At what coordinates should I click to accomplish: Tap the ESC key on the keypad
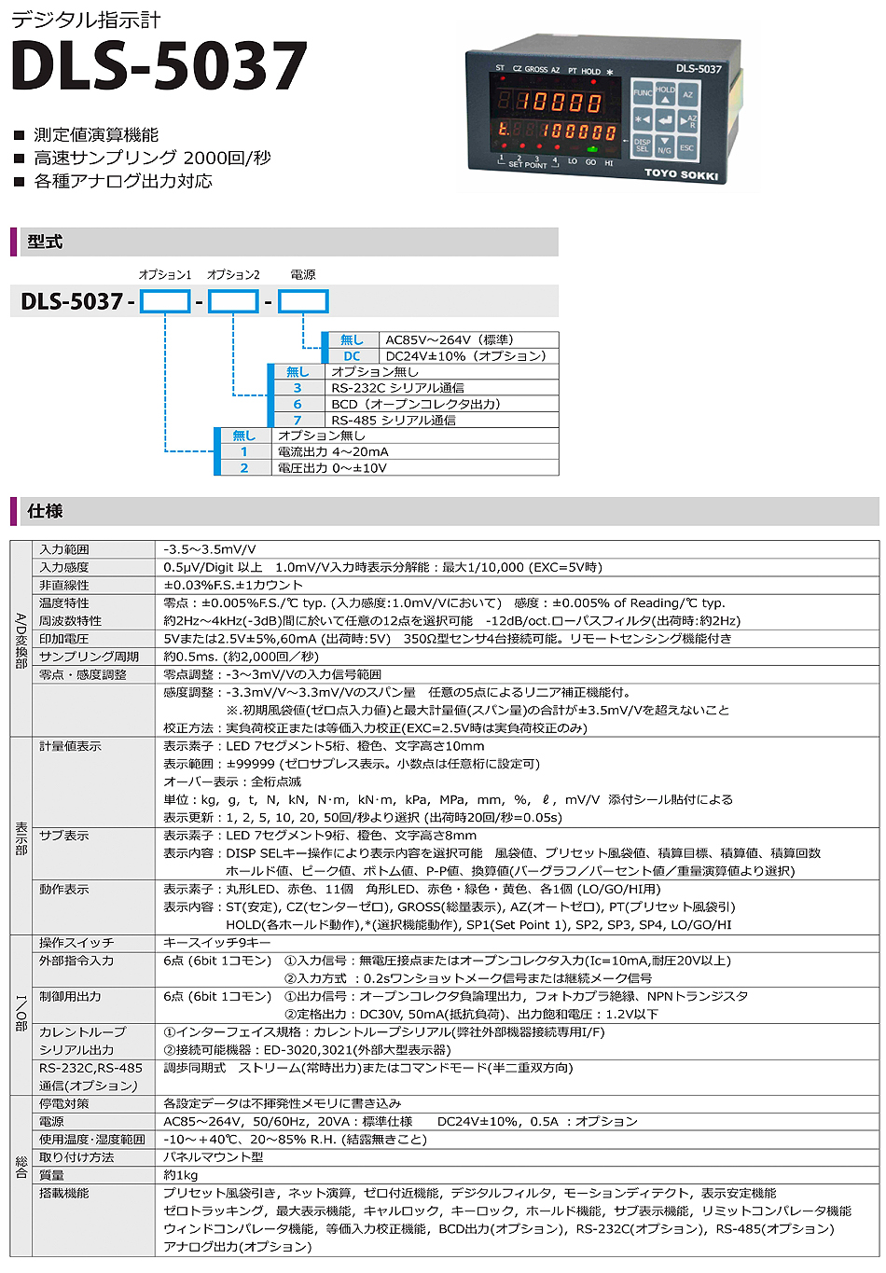click(687, 146)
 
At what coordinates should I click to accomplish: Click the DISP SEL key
click(643, 145)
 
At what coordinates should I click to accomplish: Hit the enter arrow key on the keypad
click(665, 120)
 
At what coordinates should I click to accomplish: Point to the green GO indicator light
click(591, 149)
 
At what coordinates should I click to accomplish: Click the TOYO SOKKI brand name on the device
click(681, 173)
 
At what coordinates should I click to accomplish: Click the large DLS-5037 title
click(159, 67)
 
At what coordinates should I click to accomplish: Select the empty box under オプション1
click(165, 301)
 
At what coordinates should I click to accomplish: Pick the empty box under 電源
click(303, 301)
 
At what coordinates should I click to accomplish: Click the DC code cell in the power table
click(352, 356)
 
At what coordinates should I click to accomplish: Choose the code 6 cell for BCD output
click(298, 404)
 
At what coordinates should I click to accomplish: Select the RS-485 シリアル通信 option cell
click(394, 420)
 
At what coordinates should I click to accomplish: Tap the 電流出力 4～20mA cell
click(333, 451)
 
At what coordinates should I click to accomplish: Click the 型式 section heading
click(45, 242)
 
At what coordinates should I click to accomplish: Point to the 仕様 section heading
click(45, 511)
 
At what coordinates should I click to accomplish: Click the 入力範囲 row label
click(64, 550)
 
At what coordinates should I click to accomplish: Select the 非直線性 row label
click(64, 586)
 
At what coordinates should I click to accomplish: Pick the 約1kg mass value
click(181, 1175)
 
